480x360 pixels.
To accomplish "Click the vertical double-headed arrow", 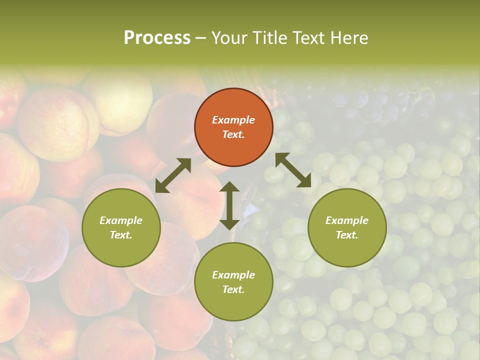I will click(x=229, y=205).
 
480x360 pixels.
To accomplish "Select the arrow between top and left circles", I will click(x=173, y=175).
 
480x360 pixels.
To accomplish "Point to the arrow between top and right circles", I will click(x=293, y=170).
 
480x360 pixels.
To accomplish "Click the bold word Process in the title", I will click(x=157, y=37).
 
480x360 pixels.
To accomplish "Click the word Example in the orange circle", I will click(x=233, y=120).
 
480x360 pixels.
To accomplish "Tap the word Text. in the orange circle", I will click(x=233, y=134).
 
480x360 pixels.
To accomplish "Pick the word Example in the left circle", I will click(x=121, y=220).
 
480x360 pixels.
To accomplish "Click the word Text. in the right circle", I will click(x=347, y=235).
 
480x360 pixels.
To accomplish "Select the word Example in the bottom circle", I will click(x=233, y=275).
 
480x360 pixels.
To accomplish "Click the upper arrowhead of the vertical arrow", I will click(x=229, y=187).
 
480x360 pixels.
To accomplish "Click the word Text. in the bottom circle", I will click(x=233, y=289).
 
